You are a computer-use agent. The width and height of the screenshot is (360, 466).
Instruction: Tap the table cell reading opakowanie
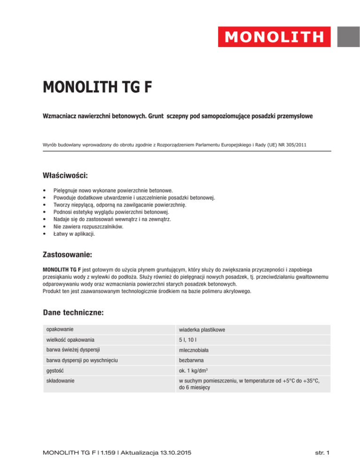[x=59, y=330]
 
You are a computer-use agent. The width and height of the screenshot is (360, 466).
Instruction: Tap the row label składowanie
[x=60, y=382]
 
